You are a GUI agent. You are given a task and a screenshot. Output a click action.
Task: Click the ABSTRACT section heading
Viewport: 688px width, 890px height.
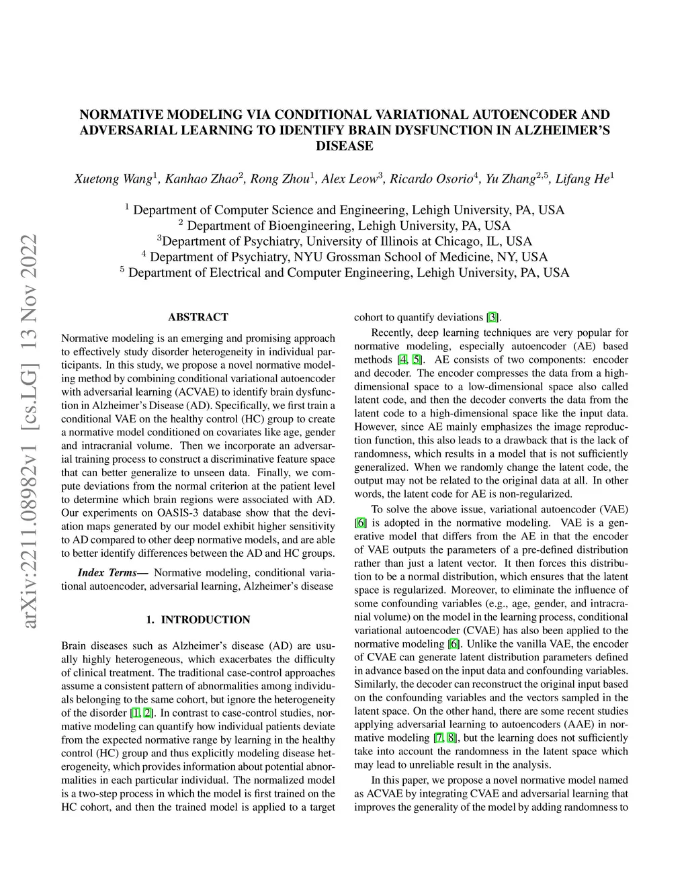[x=198, y=317]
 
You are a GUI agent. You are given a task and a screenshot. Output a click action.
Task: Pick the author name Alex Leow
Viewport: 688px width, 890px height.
[x=349, y=179]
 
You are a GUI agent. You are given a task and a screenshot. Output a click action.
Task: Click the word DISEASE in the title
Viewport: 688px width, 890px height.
[x=344, y=146]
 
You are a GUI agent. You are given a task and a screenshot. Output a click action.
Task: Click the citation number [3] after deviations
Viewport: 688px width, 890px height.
[x=492, y=318]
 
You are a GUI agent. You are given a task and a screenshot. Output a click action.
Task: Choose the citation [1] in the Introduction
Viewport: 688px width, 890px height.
[x=135, y=713]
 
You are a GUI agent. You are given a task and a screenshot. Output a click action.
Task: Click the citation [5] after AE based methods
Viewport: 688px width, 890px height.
[x=417, y=360]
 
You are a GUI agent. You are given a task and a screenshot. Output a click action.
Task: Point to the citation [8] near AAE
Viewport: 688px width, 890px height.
[x=451, y=738]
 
